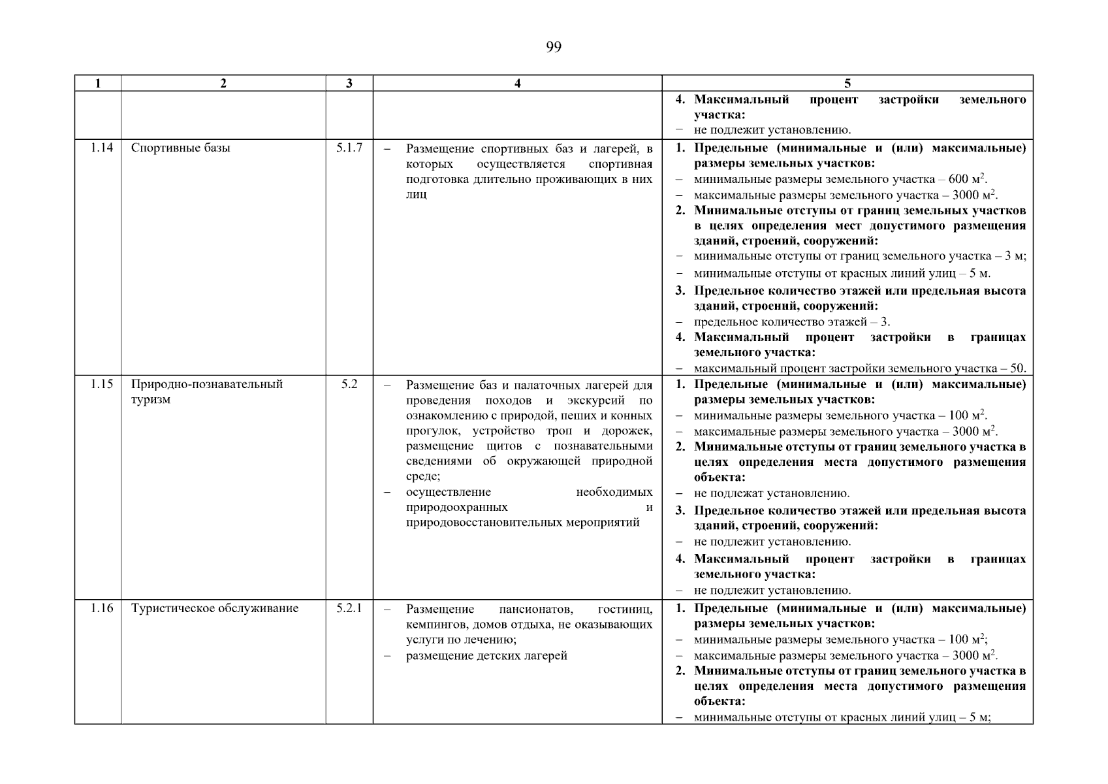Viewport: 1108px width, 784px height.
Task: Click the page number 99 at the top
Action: point(553,47)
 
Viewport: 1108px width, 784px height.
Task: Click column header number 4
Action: point(517,83)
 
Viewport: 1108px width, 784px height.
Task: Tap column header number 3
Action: point(349,83)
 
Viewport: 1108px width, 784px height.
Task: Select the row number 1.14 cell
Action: point(101,148)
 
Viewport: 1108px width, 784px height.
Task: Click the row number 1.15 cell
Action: point(101,384)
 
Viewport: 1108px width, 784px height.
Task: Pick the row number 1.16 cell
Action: point(101,608)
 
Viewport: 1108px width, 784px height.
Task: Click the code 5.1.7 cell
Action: point(349,148)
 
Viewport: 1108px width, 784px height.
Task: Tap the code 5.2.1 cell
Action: point(349,608)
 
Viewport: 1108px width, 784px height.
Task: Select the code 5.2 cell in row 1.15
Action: point(349,384)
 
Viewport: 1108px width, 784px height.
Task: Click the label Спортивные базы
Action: point(181,148)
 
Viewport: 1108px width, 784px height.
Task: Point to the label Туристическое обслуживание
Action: point(215,608)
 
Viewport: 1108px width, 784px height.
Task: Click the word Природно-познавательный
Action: point(207,384)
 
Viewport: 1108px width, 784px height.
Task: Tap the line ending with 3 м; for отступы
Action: point(859,257)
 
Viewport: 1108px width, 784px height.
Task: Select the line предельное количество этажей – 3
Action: point(791,322)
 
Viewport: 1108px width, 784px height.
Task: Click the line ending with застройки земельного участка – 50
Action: point(859,368)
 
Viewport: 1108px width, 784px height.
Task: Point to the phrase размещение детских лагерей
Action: point(486,656)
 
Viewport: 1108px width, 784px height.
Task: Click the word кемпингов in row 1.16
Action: point(434,625)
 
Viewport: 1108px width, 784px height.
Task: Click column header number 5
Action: point(847,83)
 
